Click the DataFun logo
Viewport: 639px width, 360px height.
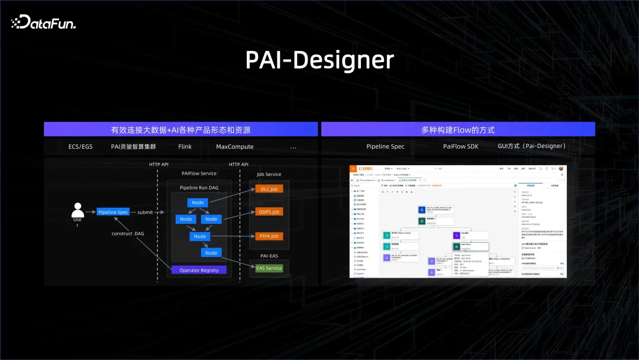[x=43, y=22]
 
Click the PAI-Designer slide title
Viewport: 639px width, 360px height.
[x=319, y=60]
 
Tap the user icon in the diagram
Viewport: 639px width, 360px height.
[x=78, y=210]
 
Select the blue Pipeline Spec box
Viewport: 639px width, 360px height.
[x=113, y=212]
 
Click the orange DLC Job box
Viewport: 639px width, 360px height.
[x=269, y=189]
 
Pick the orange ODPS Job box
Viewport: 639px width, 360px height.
[x=269, y=212]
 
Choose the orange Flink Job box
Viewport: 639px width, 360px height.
[x=269, y=236]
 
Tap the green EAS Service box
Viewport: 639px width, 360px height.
[x=269, y=268]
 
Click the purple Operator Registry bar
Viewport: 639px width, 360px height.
[x=198, y=270]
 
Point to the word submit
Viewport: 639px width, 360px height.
[x=145, y=212]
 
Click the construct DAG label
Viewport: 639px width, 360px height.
[x=128, y=233]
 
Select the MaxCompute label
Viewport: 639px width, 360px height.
[x=234, y=146]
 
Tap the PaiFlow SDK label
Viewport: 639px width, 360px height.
[x=460, y=146]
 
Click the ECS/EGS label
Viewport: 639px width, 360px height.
[x=81, y=146]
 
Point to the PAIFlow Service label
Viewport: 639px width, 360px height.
[x=199, y=173]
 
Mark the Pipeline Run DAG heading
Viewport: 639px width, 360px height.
[x=198, y=187]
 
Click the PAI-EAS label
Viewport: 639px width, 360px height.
[x=269, y=255]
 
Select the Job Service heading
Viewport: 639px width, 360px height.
[x=269, y=174]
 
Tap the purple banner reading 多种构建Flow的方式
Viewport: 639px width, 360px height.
[x=458, y=130]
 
